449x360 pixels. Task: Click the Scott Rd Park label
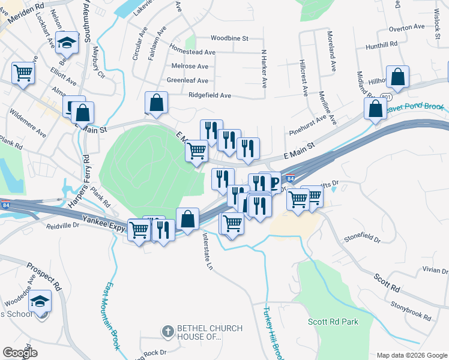tap(333, 322)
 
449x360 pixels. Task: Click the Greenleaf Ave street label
tap(187, 80)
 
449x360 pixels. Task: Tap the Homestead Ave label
tap(192, 52)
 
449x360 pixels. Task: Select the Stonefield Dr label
tap(363, 240)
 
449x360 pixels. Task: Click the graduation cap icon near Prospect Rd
tap(40, 301)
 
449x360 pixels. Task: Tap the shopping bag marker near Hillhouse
tap(397, 76)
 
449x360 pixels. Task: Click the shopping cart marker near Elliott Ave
tap(23, 73)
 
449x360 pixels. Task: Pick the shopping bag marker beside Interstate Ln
tap(188, 218)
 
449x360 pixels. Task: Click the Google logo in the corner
tap(20, 353)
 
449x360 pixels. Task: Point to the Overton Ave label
tap(407, 28)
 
